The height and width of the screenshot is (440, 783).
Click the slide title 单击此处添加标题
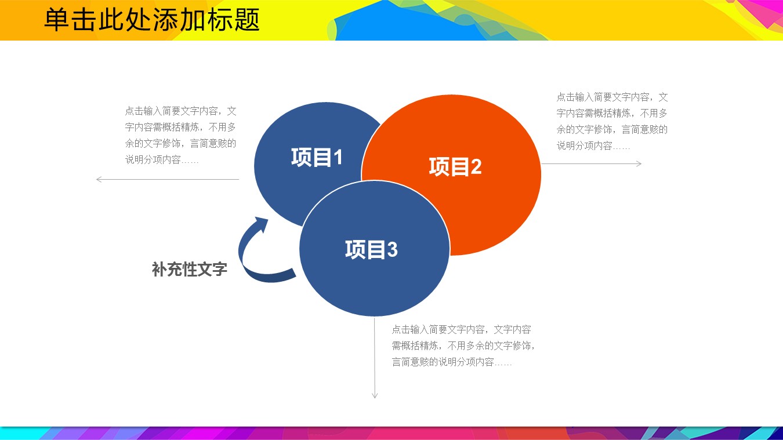pyautogui.click(x=152, y=20)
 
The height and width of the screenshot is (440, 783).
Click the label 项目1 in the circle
pyautogui.click(x=317, y=157)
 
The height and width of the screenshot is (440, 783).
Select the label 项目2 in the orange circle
pyautogui.click(x=455, y=166)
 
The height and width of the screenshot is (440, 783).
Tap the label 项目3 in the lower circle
pyautogui.click(x=371, y=249)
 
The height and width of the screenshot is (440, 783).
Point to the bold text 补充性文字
pyautogui.click(x=190, y=269)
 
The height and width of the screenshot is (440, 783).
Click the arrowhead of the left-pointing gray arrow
pyautogui.click(x=99, y=179)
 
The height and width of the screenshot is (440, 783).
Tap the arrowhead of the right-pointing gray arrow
pyautogui.click(x=639, y=163)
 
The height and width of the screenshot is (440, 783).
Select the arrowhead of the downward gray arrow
pyautogui.click(x=375, y=395)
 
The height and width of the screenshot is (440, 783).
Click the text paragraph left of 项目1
pyautogui.click(x=181, y=135)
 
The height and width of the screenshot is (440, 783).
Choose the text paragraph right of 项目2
pyautogui.click(x=612, y=121)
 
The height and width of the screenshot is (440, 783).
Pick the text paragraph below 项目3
pyautogui.click(x=463, y=346)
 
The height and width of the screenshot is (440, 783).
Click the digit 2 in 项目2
pyautogui.click(x=476, y=167)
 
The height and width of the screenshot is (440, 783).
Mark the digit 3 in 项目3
pyautogui.click(x=392, y=249)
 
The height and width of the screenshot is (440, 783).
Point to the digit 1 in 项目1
pyautogui.click(x=338, y=157)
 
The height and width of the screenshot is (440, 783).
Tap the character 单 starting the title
pyautogui.click(x=57, y=20)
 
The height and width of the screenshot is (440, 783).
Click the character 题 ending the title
pyautogui.click(x=247, y=20)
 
